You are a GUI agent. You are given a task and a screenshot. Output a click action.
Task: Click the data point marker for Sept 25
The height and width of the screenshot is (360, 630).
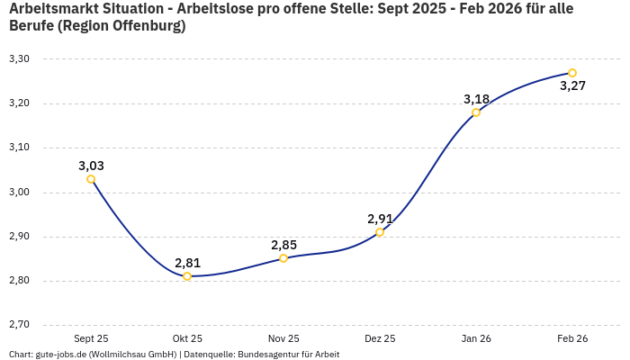point(91,179)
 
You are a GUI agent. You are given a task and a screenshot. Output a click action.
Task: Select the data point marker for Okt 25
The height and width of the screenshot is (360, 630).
point(187,276)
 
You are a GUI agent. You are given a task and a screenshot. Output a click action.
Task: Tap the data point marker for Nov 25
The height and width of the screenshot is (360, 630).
point(283,258)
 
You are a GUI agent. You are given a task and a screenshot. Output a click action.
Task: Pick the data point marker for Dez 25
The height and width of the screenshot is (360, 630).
point(380,232)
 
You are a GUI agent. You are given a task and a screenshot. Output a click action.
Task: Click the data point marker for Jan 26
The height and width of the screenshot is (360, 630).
point(476,112)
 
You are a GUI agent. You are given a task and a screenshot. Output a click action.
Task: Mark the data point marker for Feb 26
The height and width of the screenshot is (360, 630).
point(572,73)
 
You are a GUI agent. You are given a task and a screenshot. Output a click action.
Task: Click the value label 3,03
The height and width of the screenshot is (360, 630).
point(91,166)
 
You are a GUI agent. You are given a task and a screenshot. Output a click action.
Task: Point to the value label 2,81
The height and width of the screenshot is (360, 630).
point(187,263)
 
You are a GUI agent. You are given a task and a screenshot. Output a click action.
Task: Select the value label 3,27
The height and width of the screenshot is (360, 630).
point(572,86)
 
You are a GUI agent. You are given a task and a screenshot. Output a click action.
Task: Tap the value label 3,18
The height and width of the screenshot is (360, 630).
point(476,99)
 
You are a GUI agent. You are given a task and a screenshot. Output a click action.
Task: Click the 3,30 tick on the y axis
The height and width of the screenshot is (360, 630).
point(19,59)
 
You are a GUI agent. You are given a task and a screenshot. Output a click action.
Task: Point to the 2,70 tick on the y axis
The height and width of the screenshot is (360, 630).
point(19,325)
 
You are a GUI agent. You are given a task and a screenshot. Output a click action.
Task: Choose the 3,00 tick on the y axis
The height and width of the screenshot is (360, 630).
point(19,192)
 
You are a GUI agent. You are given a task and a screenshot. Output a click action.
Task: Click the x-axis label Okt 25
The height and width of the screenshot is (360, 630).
point(187,339)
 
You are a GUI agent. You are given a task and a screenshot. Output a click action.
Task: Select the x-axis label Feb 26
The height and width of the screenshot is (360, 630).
point(572,339)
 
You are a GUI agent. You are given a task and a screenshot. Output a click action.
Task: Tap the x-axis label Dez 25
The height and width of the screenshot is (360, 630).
point(380,339)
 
